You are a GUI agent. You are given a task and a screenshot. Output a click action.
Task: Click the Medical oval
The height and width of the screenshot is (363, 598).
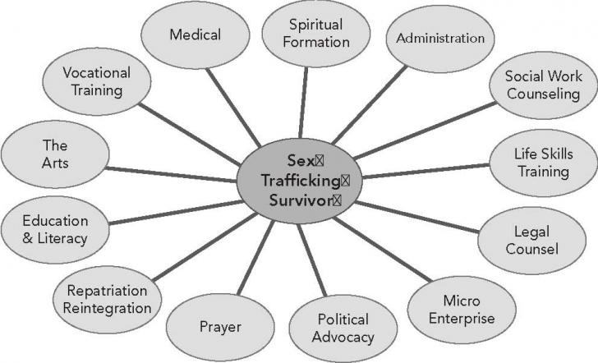(196, 35)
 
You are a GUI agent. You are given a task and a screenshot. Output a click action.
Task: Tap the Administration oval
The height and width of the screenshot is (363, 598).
(440, 38)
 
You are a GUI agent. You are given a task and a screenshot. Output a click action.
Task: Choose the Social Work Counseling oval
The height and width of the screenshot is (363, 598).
(543, 85)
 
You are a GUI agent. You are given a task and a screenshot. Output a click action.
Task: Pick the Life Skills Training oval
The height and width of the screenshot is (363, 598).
(543, 163)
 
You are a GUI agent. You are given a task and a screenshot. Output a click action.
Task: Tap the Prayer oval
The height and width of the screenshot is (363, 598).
(220, 328)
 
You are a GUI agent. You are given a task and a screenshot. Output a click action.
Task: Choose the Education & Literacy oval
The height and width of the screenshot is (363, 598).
(55, 230)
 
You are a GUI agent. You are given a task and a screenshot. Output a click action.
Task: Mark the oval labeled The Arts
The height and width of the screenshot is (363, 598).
(55, 154)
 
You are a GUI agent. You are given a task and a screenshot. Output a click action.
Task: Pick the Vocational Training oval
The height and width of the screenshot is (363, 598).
(97, 82)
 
